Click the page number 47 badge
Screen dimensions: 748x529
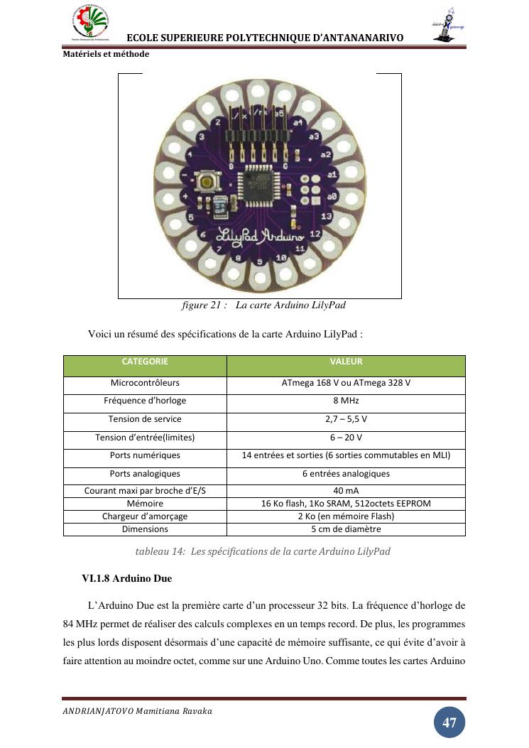tap(449, 722)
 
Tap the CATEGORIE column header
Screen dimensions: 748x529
tap(145, 362)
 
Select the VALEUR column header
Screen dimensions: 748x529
tap(346, 362)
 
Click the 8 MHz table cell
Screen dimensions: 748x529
tap(346, 401)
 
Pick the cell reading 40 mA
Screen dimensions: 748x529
tap(346, 491)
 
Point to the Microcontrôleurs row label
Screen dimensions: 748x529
tap(145, 383)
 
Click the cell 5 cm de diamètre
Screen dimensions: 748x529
tap(346, 529)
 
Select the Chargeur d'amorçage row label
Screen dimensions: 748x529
tap(145, 516)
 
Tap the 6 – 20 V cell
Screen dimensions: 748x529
tap(346, 438)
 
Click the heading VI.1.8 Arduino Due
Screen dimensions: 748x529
tap(127, 579)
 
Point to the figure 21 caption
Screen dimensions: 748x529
tap(263, 305)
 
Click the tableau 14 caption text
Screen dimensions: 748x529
tap(263, 551)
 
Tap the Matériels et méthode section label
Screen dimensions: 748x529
tap(106, 54)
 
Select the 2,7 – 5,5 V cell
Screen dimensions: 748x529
tap(346, 419)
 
